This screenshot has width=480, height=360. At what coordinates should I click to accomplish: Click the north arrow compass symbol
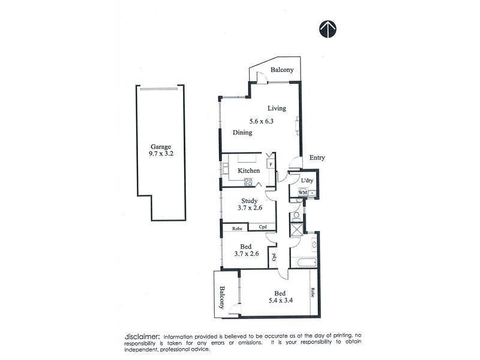[327, 29]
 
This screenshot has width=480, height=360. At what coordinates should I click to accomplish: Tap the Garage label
[160, 146]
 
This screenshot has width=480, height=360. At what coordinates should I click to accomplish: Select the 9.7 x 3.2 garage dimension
[160, 154]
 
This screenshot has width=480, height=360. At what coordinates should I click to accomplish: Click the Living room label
[277, 108]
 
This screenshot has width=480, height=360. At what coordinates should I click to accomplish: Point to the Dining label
[242, 133]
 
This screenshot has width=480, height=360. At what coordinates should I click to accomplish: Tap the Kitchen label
[249, 170]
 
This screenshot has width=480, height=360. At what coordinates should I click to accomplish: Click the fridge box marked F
[271, 163]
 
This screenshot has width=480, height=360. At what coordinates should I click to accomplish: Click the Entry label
[317, 158]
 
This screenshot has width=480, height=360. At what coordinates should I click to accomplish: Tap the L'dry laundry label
[307, 180]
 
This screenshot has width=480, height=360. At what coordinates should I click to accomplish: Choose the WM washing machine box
[302, 192]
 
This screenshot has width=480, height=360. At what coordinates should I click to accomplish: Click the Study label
[249, 200]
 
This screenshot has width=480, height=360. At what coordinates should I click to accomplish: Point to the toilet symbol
[296, 215]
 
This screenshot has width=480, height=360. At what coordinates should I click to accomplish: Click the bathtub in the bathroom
[306, 262]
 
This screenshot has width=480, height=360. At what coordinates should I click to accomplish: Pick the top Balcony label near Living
[282, 70]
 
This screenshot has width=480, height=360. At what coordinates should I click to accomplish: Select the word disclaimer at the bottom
[142, 336]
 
